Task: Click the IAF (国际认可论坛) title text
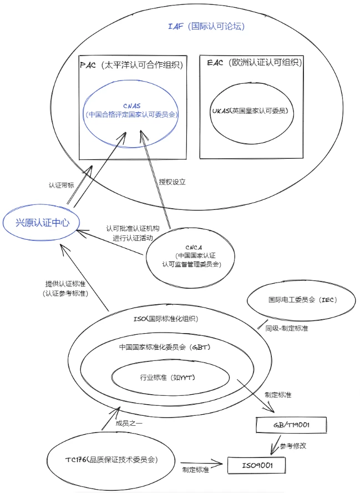pyautogui.click(x=206, y=26)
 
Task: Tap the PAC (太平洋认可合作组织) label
pyautogui.click(x=131, y=65)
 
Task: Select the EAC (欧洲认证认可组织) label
pyautogui.click(x=255, y=62)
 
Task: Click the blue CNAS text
pyautogui.click(x=132, y=106)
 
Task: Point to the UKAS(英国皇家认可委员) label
pyautogui.click(x=250, y=110)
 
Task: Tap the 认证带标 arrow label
pyautogui.click(x=61, y=185)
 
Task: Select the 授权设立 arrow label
pyautogui.click(x=172, y=182)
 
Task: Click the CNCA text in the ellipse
pyautogui.click(x=194, y=248)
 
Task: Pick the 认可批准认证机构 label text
pyautogui.click(x=133, y=229)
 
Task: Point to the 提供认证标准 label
pyautogui.click(x=65, y=284)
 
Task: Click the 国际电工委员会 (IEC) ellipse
pyautogui.click(x=301, y=300)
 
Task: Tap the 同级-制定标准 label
pyautogui.click(x=286, y=328)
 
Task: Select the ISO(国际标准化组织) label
pyautogui.click(x=165, y=319)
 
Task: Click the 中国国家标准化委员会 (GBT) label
pyautogui.click(x=165, y=347)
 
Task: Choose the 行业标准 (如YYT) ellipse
pyautogui.click(x=170, y=378)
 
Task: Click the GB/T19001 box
pyautogui.click(x=291, y=425)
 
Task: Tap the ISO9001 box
pyautogui.click(x=257, y=465)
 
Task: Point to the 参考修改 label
pyautogui.click(x=293, y=446)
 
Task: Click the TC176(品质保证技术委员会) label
pyautogui.click(x=111, y=460)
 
